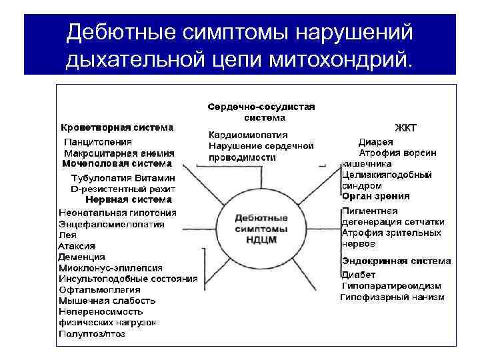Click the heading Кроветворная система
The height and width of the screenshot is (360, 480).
pyautogui.click(x=117, y=127)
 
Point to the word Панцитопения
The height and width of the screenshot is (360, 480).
pyautogui.click(x=97, y=142)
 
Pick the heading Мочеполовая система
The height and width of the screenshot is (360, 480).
pyautogui.click(x=116, y=163)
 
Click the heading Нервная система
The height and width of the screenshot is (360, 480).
pyautogui.click(x=129, y=199)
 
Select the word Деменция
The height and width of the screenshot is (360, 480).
pyautogui.click(x=81, y=257)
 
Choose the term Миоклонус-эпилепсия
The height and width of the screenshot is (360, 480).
pyautogui.click(x=110, y=267)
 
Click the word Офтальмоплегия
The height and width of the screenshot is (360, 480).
pyautogui.click(x=99, y=289)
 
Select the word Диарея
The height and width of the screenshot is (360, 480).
pyautogui.click(x=375, y=142)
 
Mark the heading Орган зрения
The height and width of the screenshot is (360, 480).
pyautogui.click(x=375, y=196)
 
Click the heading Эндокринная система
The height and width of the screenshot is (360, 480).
pyautogui.click(x=396, y=261)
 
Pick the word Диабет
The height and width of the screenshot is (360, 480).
pyautogui.click(x=359, y=275)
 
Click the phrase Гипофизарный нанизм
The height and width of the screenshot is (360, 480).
pyautogui.click(x=392, y=297)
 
